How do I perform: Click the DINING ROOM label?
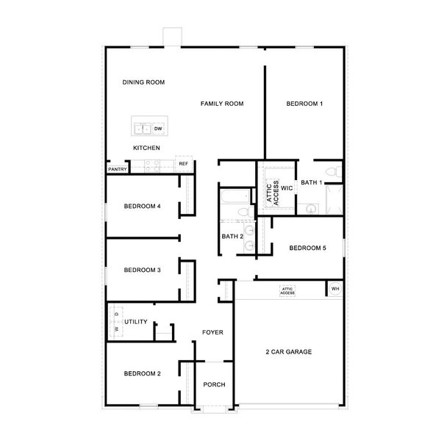pos(143,82)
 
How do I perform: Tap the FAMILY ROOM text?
pos(222,104)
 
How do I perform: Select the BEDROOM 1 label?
pos(304,104)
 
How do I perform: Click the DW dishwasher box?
pos(158,129)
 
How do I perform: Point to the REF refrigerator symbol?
pos(183,164)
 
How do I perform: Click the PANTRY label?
pos(118,170)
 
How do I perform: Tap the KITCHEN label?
pos(146,148)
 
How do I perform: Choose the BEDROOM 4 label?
pos(142,207)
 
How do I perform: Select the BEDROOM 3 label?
pos(142,270)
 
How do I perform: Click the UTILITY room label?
pos(136,322)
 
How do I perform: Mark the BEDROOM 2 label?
pos(142,374)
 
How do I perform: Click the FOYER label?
pos(212,333)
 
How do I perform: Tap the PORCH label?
pos(214,384)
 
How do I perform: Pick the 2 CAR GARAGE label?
pos(289,352)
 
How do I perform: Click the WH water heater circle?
pos(335,288)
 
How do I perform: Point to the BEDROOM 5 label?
pos(307,248)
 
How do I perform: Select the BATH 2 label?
pos(232,237)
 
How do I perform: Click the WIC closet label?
pos(287,188)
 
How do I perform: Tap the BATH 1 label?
pos(312,182)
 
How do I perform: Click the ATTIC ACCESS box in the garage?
pos(287,290)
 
